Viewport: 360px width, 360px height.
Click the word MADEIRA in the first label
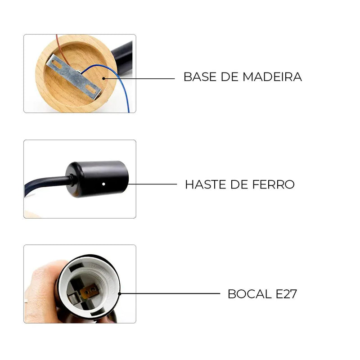272,76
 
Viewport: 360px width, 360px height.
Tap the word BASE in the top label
200,76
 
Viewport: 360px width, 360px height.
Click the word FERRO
273,184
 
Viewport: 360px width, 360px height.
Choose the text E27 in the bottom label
286,294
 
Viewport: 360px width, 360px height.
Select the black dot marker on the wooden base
103,78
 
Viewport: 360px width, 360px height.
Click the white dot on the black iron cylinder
103,184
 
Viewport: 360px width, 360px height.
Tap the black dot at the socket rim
119,294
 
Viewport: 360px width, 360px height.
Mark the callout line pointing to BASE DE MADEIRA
139,78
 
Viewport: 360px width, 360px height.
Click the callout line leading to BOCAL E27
170,293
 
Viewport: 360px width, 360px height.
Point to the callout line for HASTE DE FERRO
152,184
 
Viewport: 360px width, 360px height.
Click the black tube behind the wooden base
123,58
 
